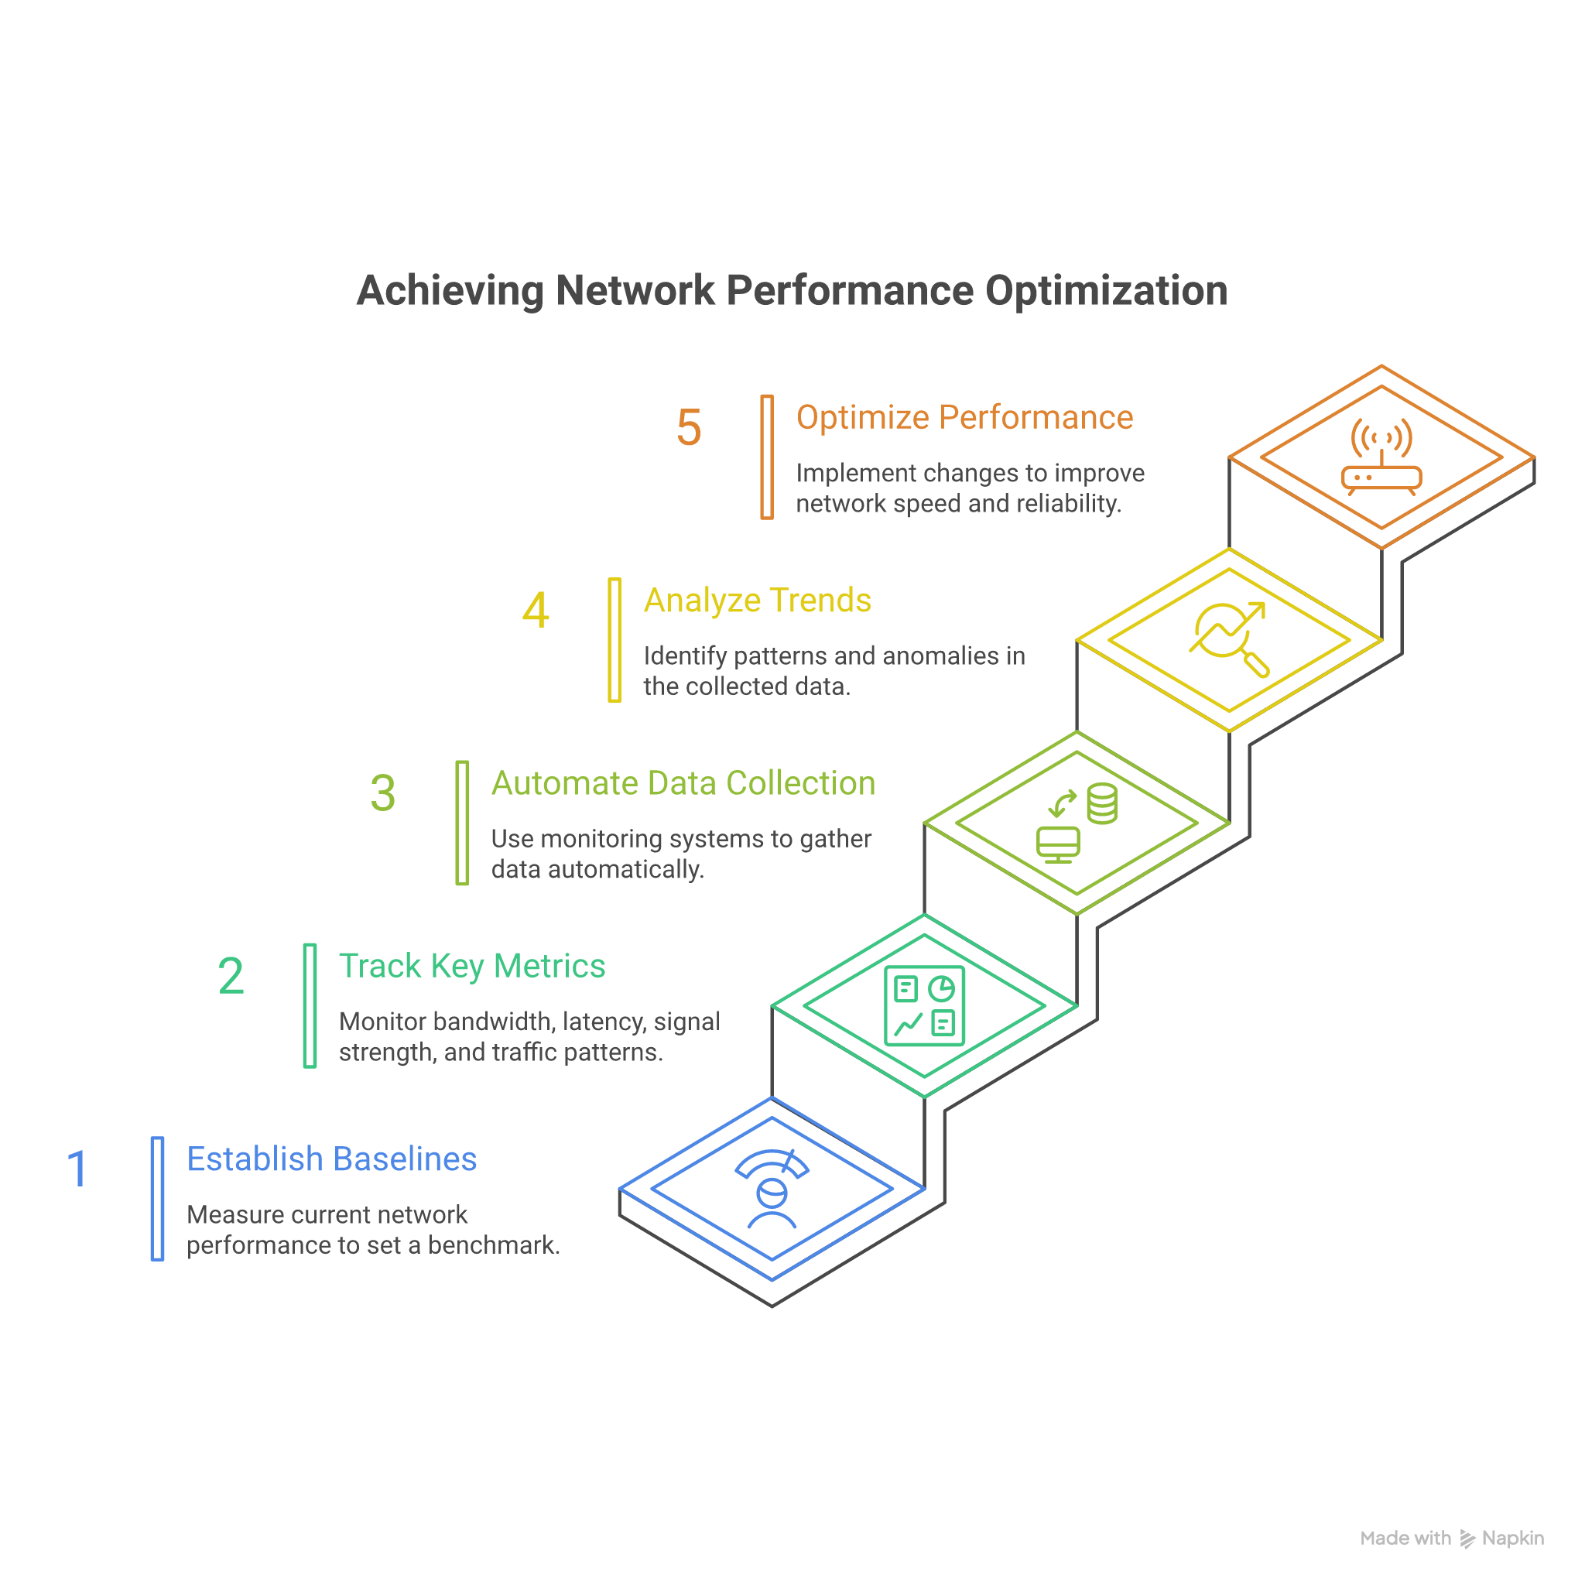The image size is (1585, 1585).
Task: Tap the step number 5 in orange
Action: [x=688, y=427]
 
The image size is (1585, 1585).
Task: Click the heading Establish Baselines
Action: [x=331, y=1159]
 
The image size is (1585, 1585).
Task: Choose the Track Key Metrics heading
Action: [x=472, y=966]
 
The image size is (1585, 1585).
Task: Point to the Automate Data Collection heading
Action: [x=683, y=782]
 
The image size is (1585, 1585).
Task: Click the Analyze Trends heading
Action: [x=756, y=600]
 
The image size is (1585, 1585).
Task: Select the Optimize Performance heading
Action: [x=964, y=417]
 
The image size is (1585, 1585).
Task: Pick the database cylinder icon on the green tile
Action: [x=1101, y=803]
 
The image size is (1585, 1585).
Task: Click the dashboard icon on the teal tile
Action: [x=925, y=1006]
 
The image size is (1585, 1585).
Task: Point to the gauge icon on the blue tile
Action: [x=771, y=1190]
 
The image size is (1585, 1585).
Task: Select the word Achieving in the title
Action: [x=450, y=290]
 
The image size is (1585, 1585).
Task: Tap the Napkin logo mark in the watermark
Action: [x=1467, y=1539]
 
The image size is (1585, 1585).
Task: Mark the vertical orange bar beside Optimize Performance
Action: [x=766, y=457]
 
